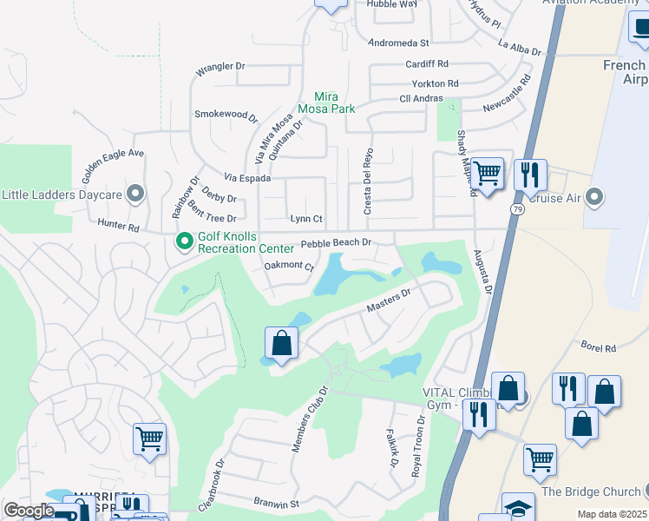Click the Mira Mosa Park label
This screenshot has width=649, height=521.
326,103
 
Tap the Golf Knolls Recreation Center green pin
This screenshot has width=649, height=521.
184,241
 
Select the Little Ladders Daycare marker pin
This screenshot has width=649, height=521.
134,194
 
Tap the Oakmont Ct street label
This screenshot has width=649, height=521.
288,267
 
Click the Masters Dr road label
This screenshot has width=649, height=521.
388,301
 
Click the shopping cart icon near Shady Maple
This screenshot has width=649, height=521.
488,173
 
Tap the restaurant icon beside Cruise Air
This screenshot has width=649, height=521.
529,175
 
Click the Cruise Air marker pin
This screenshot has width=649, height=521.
594,196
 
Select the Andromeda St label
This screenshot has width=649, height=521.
399,42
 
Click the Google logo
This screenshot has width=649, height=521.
29,511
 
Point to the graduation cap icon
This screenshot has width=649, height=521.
518,508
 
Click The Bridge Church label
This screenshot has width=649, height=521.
593,491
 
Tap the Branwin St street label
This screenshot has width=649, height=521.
276,503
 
